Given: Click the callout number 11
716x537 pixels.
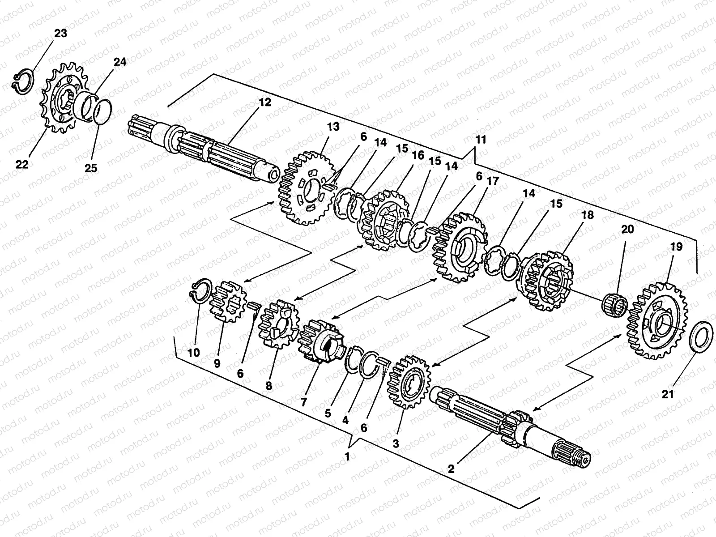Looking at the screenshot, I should pyautogui.click(x=480, y=140).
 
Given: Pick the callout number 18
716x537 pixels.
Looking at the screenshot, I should pyautogui.click(x=588, y=215).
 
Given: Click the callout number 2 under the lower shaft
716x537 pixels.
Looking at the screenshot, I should pyautogui.click(x=451, y=469).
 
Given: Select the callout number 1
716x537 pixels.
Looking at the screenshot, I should pyautogui.click(x=348, y=457).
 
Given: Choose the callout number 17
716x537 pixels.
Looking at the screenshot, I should pyautogui.click(x=493, y=181).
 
